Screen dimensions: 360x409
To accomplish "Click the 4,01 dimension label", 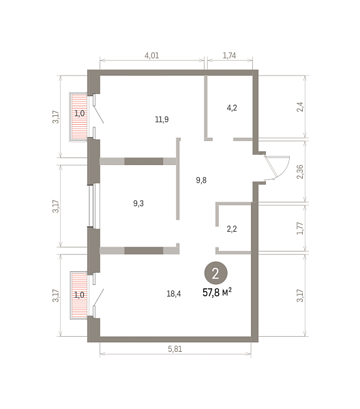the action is tap(151, 56).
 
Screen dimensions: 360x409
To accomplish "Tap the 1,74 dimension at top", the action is tap(229, 56).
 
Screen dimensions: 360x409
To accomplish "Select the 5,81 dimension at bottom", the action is tap(175, 349).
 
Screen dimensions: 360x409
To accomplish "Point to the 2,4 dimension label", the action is tap(300, 107).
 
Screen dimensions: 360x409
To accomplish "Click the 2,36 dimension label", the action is tap(300, 172).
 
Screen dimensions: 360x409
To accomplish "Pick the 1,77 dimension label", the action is tap(300, 228).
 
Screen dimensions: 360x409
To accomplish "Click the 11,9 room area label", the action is tap(162, 119).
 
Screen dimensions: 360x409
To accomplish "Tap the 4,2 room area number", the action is tap(232, 108).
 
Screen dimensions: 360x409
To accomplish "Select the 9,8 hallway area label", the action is tap(201, 180).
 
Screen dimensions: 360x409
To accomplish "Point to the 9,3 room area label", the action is tap(138, 203).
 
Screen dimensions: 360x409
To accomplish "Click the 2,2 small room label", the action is tap(232, 229).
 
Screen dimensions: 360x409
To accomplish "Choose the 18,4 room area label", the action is tap(174, 294).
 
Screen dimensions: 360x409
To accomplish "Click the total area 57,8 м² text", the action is tap(217, 292).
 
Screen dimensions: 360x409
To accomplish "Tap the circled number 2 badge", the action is tap(215, 273).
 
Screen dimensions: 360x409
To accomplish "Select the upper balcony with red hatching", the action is tap(78, 117).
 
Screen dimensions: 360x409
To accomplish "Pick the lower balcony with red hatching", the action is tap(78, 295).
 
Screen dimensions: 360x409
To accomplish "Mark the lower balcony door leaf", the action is tap(99, 297).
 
